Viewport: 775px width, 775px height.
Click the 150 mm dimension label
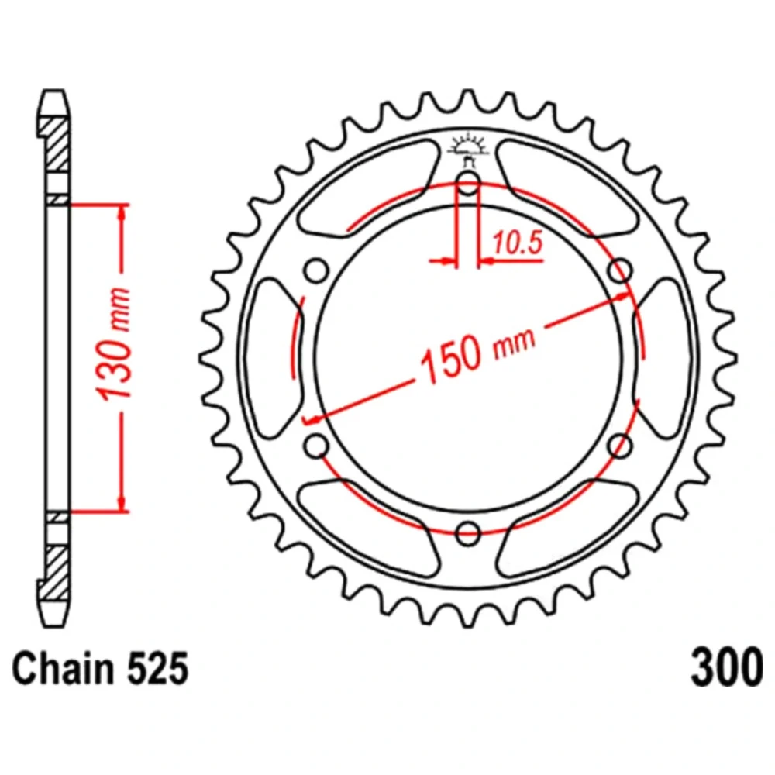pyautogui.click(x=477, y=351)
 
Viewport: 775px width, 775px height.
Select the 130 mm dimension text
pyautogui.click(x=114, y=343)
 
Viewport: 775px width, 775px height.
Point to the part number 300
pyautogui.click(x=727, y=668)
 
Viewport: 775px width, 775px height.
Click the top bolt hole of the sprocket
pyautogui.click(x=468, y=184)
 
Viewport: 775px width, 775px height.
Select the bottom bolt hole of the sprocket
pyautogui.click(x=468, y=533)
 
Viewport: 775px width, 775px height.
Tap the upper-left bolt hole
pyautogui.click(x=316, y=271)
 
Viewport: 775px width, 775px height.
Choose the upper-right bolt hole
pyautogui.click(x=620, y=271)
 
